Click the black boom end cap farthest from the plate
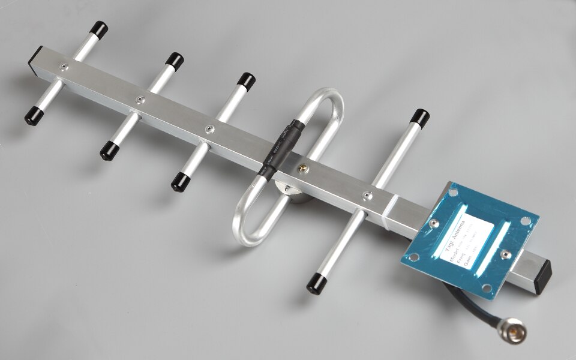point(35,56)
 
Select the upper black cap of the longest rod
point(421,117)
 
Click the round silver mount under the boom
point(294,194)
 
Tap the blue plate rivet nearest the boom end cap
point(506,254)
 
